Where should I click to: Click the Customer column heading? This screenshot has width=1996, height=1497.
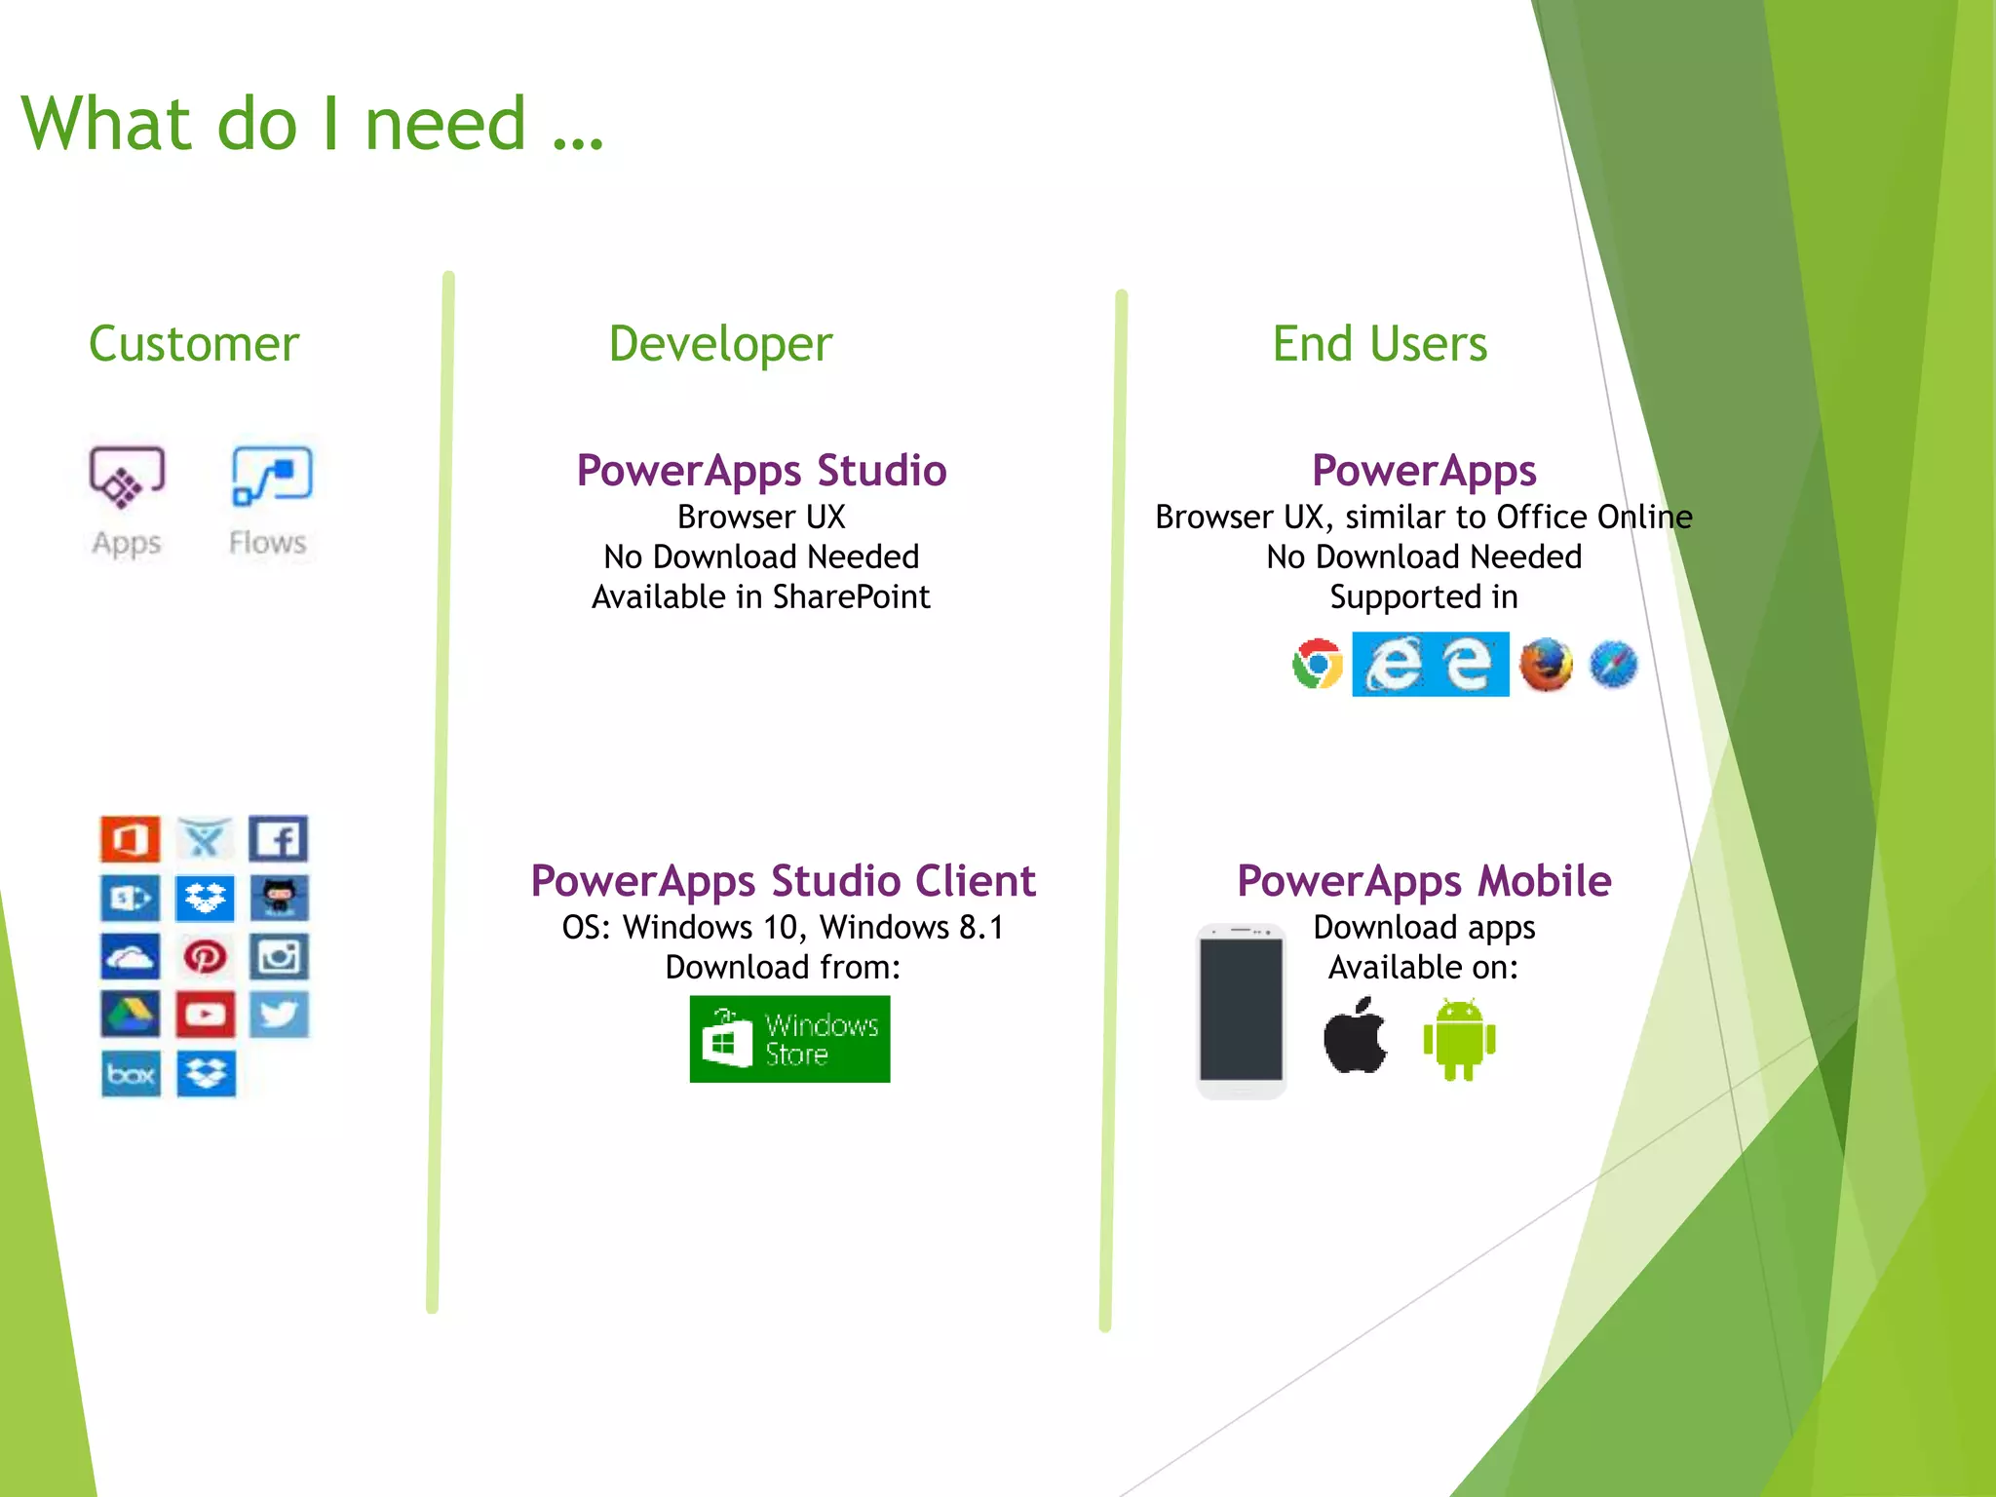pyautogui.click(x=194, y=344)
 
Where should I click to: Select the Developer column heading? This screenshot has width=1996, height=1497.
pyautogui.click(x=720, y=344)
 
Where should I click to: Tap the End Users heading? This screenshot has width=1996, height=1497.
pyautogui.click(x=1379, y=344)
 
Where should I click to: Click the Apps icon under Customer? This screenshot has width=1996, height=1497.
pyautogui.click(x=127, y=478)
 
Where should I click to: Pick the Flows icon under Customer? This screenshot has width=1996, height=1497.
pyautogui.click(x=271, y=477)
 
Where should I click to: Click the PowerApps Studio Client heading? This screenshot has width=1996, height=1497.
pyautogui.click(x=783, y=881)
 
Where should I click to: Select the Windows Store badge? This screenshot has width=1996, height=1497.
pyautogui.click(x=789, y=1039)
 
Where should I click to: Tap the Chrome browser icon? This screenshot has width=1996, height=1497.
pyautogui.click(x=1318, y=665)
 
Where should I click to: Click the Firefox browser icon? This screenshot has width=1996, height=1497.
pyautogui.click(x=1546, y=665)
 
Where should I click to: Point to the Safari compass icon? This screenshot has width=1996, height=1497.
pyautogui.click(x=1613, y=665)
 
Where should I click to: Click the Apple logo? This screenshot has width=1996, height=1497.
pyautogui.click(x=1355, y=1037)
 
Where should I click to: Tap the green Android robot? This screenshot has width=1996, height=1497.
pyautogui.click(x=1459, y=1040)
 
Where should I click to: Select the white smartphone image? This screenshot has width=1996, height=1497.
pyautogui.click(x=1241, y=1011)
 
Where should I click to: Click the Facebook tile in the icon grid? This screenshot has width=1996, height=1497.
pyautogui.click(x=279, y=839)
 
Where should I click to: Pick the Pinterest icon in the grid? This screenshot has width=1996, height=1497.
pyautogui.click(x=205, y=957)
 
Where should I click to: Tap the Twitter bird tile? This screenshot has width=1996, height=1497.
pyautogui.click(x=279, y=1015)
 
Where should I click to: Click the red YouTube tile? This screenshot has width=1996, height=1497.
pyautogui.click(x=205, y=1015)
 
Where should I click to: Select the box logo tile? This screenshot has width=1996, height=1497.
pyautogui.click(x=131, y=1074)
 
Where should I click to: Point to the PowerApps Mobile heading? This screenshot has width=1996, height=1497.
pyautogui.click(x=1424, y=881)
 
